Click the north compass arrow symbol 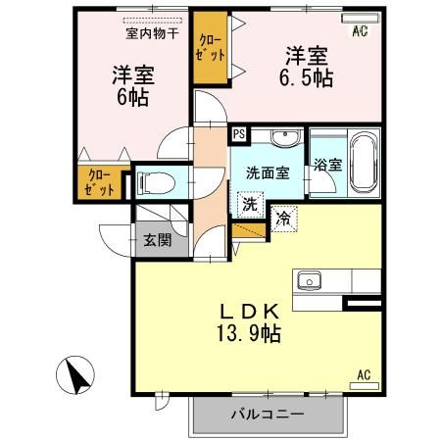(73, 375)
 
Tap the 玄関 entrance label (157, 239)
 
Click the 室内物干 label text (151, 33)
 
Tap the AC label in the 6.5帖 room (359, 32)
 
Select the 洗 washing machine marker (250, 205)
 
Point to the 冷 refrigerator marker (284, 218)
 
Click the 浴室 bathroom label (327, 165)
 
